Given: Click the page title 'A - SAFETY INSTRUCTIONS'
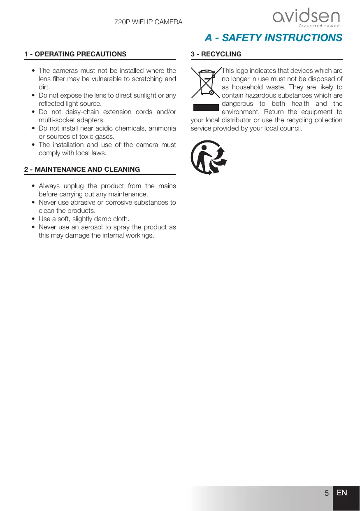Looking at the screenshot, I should click(x=273, y=38).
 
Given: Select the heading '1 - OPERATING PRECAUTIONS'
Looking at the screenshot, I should click(x=75, y=54).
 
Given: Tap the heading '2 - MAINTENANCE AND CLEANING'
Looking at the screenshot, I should click(x=82, y=169).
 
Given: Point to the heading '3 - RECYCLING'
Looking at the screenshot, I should click(x=216, y=54).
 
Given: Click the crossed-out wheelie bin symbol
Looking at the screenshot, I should click(x=205, y=84).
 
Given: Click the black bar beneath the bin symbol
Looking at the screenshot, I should click(x=206, y=108).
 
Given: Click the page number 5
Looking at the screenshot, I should click(x=326, y=493).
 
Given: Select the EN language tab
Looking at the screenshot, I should click(x=342, y=493).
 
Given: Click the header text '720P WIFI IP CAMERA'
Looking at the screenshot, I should click(x=148, y=21).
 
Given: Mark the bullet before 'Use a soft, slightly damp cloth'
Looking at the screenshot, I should click(x=33, y=219).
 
